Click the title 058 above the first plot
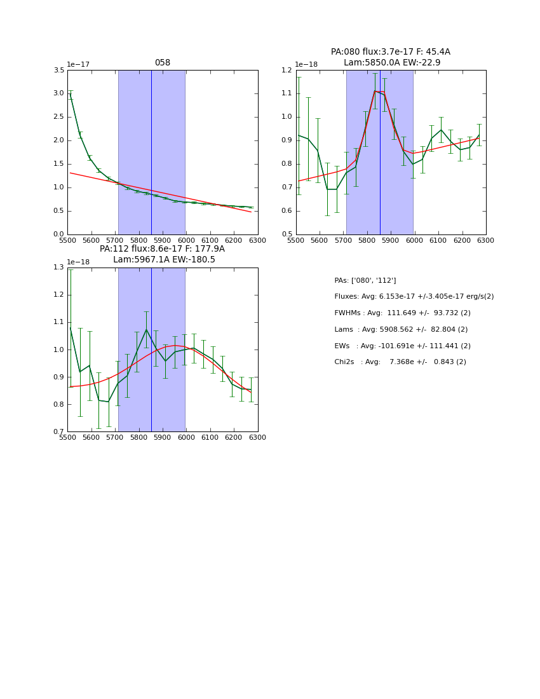pyautogui.click(x=163, y=63)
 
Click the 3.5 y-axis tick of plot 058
pyautogui.click(x=58, y=71)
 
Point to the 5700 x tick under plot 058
pyautogui.click(x=115, y=241)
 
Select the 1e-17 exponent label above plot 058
pyautogui.click(x=78, y=64)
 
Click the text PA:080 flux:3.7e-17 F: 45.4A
pyautogui.click(x=390, y=52)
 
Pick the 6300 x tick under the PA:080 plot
pyautogui.click(x=486, y=241)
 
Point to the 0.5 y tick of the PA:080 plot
pyautogui.click(x=287, y=234)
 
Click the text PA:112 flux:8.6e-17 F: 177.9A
pyautogui.click(x=162, y=249)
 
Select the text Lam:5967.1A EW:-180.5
pyautogui.click(x=164, y=259)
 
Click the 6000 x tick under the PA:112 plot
pyautogui.click(x=186, y=438)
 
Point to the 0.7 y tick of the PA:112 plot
pyautogui.click(x=58, y=432)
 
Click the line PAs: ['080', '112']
pyautogui.click(x=365, y=280)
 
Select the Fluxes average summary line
pyautogui.click(x=414, y=297)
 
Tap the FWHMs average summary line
pyautogui.click(x=402, y=313)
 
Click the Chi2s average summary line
pyautogui.click(x=400, y=362)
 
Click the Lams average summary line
pyautogui.click(x=401, y=329)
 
